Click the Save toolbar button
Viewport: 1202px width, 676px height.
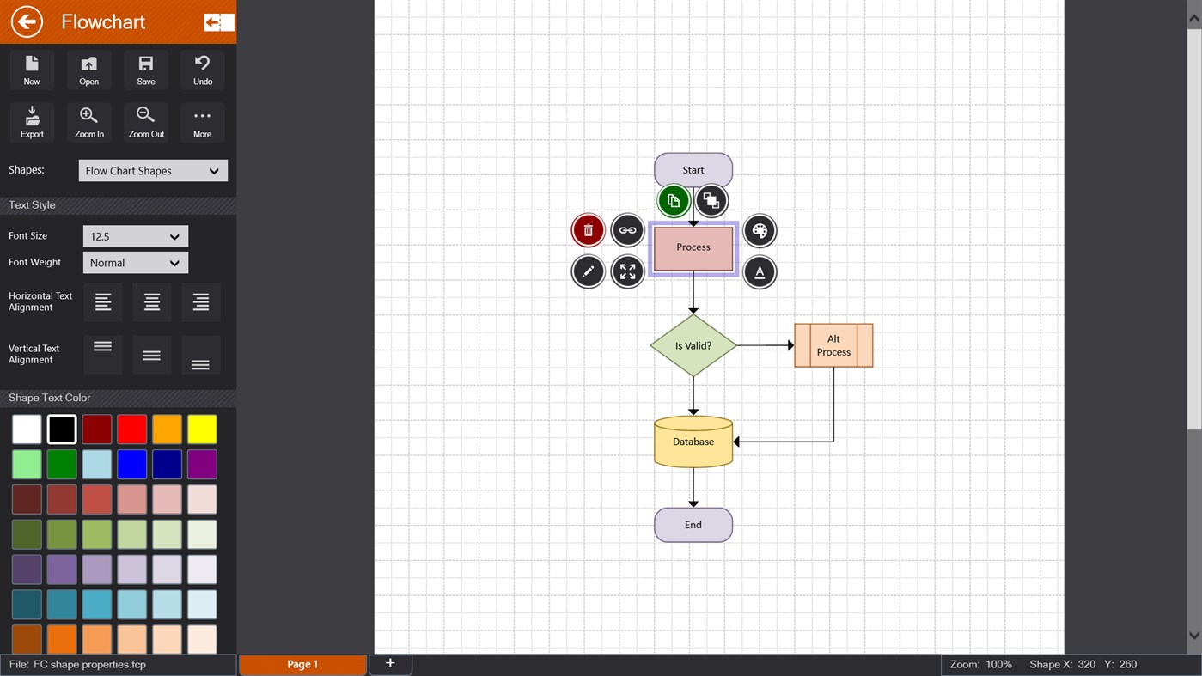146,70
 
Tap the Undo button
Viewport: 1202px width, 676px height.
203,70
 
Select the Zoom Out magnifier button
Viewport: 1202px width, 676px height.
146,122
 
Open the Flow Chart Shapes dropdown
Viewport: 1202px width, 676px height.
153,171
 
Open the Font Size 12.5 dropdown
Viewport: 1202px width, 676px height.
135,236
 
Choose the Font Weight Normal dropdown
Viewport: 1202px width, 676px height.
135,263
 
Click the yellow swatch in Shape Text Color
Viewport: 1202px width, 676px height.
202,429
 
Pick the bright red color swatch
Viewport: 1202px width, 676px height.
132,429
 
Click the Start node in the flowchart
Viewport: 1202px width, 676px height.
693,169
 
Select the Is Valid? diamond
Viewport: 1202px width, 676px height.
693,345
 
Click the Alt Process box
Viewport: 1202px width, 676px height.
833,345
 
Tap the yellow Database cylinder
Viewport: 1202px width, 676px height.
693,442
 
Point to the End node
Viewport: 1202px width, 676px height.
693,525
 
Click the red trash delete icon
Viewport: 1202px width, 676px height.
588,230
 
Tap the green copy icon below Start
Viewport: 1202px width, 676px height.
674,201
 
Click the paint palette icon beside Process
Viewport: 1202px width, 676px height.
759,230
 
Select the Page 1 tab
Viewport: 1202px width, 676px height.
302,664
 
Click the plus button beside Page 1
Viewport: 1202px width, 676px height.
390,663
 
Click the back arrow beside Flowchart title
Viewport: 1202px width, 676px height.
27,21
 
